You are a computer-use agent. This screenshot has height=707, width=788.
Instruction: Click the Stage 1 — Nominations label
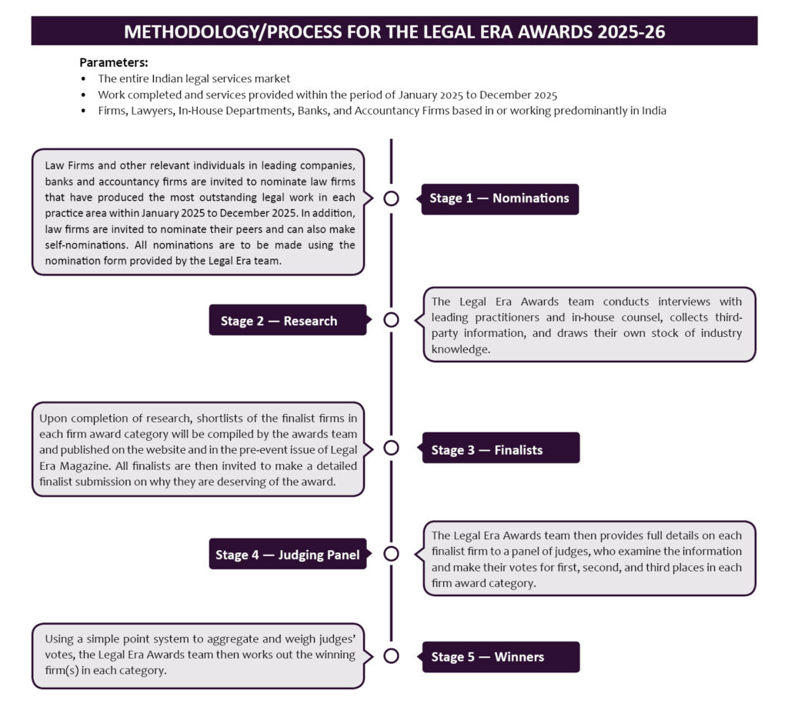(x=499, y=198)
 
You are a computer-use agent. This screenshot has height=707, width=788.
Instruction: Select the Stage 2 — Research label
(x=279, y=321)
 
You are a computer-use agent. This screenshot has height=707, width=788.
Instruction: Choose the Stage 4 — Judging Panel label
(x=287, y=555)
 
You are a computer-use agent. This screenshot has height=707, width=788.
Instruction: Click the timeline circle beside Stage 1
(x=391, y=198)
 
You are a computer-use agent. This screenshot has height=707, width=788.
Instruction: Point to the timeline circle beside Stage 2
(x=391, y=320)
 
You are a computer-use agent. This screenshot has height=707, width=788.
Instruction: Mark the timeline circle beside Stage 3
(x=391, y=449)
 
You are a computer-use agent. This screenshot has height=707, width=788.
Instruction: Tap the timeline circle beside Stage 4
(x=391, y=554)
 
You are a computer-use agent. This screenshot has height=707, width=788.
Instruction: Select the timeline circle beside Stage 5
(x=391, y=656)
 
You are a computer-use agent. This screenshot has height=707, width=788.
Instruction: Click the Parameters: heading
(x=113, y=62)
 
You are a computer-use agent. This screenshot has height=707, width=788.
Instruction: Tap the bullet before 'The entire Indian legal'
(x=84, y=78)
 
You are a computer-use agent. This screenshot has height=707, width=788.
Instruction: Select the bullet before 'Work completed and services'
(x=84, y=95)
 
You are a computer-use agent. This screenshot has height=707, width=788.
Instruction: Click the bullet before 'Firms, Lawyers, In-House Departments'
(x=84, y=111)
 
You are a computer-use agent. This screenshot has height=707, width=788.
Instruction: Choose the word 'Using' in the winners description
(x=59, y=638)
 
